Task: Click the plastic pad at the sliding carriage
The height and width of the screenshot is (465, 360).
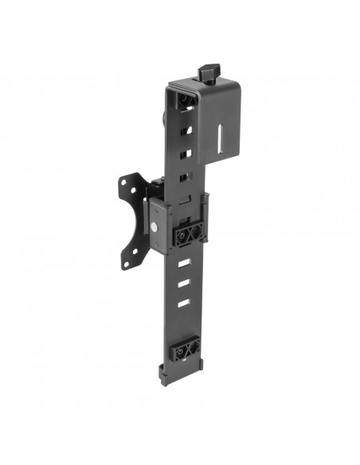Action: pos(188,232)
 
